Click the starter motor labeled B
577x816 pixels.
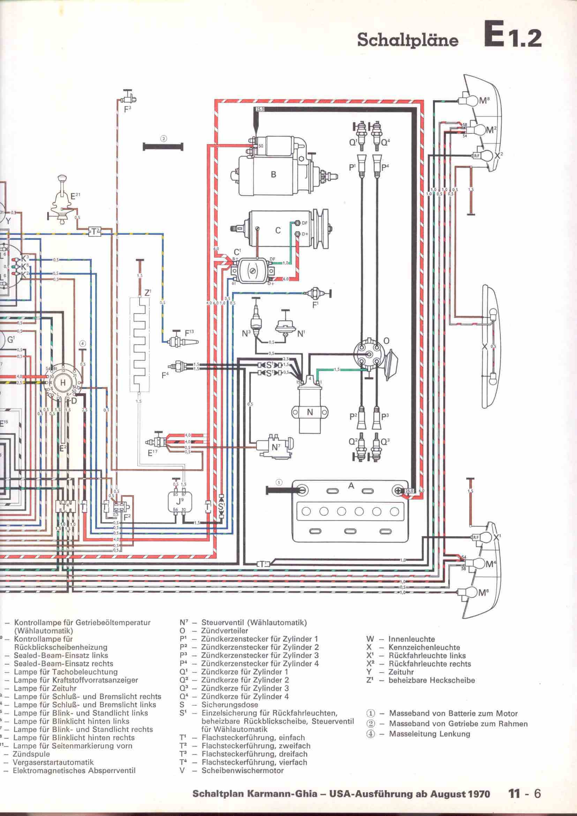[273, 174]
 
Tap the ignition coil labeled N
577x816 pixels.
[310, 413]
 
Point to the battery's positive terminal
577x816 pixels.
[398, 491]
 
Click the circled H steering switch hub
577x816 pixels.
[63, 382]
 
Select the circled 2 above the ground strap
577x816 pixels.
[163, 139]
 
